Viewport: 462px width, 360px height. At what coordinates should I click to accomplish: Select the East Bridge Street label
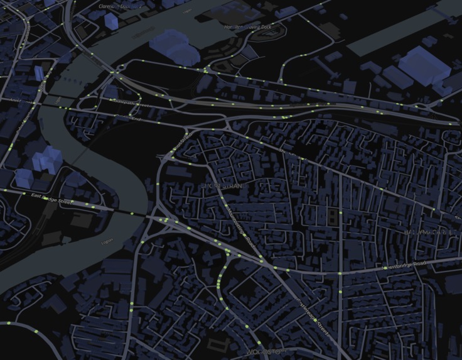coord(53,199)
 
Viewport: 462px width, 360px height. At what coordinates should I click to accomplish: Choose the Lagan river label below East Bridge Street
coord(107,241)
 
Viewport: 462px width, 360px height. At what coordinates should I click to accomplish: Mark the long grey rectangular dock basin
coord(402,31)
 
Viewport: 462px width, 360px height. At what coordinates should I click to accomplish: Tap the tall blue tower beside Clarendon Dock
coord(110,20)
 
